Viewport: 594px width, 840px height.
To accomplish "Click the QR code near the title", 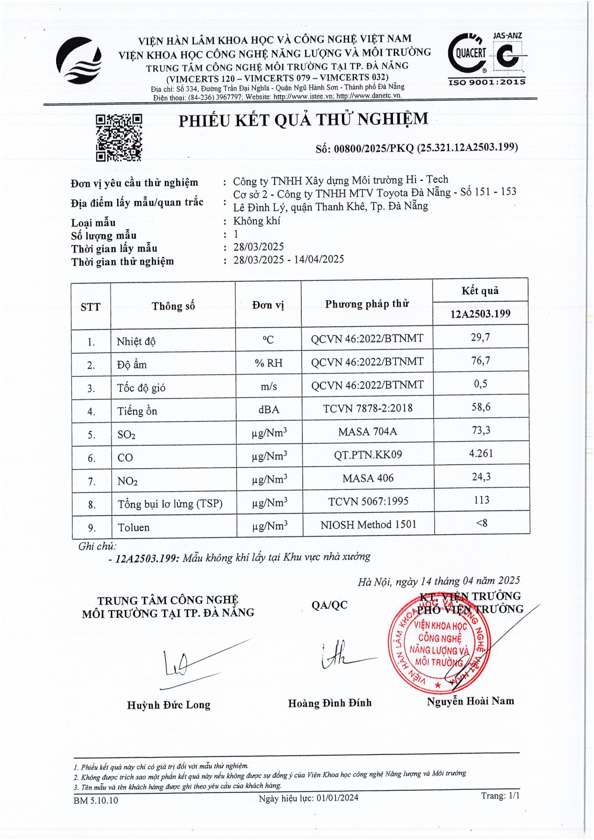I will click(119, 138).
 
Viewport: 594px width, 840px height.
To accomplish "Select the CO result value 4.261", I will click(481, 453).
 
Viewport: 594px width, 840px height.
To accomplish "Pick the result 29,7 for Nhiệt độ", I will click(480, 337).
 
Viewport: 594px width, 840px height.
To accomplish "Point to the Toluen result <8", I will click(482, 523).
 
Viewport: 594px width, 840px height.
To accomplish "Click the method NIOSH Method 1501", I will click(368, 524).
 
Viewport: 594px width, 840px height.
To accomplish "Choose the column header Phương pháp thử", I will click(367, 304).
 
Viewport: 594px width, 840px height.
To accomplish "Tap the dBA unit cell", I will click(268, 409).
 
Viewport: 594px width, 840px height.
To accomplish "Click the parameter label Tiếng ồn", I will click(137, 411).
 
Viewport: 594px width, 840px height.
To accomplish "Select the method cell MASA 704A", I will click(368, 432).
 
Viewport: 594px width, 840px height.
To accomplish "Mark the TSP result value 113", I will click(481, 500).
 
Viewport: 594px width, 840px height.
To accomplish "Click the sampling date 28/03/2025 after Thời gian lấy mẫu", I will click(258, 247).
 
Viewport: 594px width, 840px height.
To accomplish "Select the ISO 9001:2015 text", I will click(487, 82).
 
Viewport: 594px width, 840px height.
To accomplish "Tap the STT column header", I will click(91, 307).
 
